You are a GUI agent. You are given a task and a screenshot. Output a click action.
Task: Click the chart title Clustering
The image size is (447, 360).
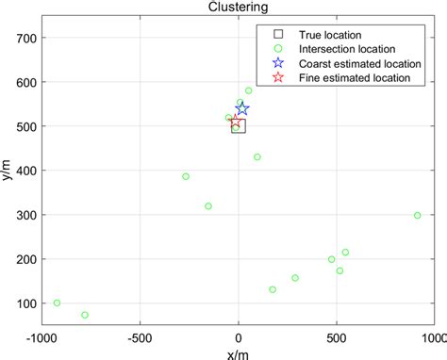coord(238,7)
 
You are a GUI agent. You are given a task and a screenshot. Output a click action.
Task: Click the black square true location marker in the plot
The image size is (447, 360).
coord(238,125)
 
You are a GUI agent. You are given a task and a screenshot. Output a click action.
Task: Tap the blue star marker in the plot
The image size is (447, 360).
coord(242,109)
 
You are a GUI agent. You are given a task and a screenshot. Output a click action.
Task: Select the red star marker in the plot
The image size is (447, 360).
coord(236,123)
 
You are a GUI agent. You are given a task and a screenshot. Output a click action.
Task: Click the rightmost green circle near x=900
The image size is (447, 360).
coord(417,215)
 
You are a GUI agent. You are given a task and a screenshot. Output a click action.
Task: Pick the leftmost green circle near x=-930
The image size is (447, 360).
coord(57,303)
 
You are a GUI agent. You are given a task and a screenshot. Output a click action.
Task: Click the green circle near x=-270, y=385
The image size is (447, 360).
coord(186,176)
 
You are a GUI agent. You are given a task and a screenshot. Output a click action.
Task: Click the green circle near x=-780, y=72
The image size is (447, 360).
coord(85,315)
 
